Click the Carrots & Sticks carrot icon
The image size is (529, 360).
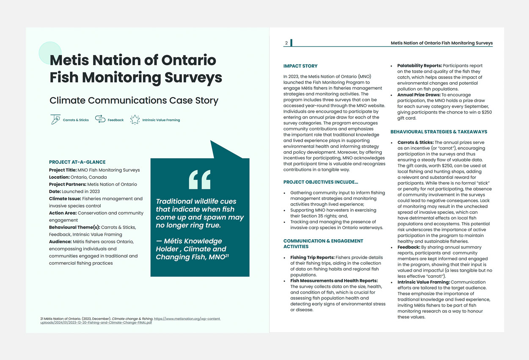(x=55, y=119)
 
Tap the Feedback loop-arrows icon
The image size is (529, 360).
(x=100, y=119)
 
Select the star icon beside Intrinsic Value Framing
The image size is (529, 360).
(x=135, y=119)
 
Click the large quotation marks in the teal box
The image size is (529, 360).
(x=199, y=180)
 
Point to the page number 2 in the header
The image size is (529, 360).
(x=287, y=43)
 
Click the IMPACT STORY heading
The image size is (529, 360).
(x=300, y=66)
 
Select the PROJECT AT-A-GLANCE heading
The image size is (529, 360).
(x=77, y=162)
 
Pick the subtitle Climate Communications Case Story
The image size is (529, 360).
(x=134, y=100)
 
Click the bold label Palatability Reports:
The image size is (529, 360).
(x=419, y=66)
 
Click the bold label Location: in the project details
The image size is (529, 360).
(x=59, y=177)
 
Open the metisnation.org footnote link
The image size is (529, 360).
(x=130, y=321)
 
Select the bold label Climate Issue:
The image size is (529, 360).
(x=65, y=199)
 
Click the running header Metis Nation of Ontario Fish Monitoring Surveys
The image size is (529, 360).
(x=441, y=43)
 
